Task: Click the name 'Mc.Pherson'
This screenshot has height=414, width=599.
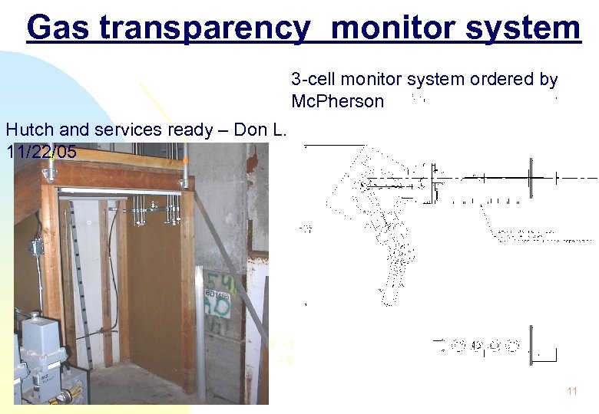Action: pyautogui.click(x=337, y=101)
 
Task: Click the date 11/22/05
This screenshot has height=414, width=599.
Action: pyautogui.click(x=41, y=152)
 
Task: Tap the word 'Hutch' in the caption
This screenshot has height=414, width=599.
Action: pyautogui.click(x=28, y=130)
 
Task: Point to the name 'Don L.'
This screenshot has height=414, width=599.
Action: pyautogui.click(x=260, y=130)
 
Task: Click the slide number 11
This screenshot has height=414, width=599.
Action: pyautogui.click(x=571, y=391)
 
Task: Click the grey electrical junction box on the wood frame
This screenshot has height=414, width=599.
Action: pyautogui.click(x=35, y=247)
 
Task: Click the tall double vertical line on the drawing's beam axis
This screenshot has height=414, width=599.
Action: pyautogui.click(x=531, y=178)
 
